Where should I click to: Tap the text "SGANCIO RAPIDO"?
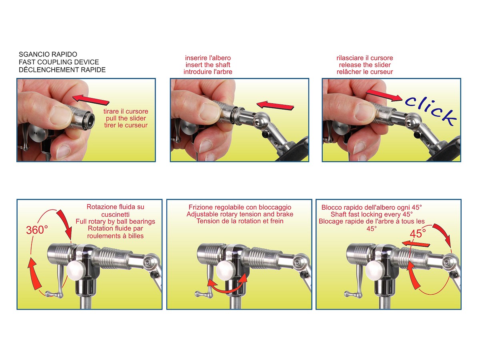coord(48,54)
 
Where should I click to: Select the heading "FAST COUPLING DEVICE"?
coord(59,62)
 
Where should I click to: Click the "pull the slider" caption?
coord(126,118)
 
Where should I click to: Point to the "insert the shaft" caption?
coord(208,65)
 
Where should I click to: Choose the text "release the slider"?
coord(364,65)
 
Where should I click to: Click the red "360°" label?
coord(37,230)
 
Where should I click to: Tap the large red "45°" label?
coord(418,234)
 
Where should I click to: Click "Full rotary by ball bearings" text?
coord(115,222)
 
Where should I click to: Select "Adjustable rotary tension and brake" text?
coord(240,214)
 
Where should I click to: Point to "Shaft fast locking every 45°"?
coord(372,214)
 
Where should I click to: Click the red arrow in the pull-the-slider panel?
coord(90,100)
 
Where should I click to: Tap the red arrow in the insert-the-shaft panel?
coord(275,105)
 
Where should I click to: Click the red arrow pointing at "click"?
coord(384,95)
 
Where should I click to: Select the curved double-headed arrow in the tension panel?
coord(228,284)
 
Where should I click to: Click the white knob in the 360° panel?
coord(76,271)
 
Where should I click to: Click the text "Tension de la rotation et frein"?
coord(240,221)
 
